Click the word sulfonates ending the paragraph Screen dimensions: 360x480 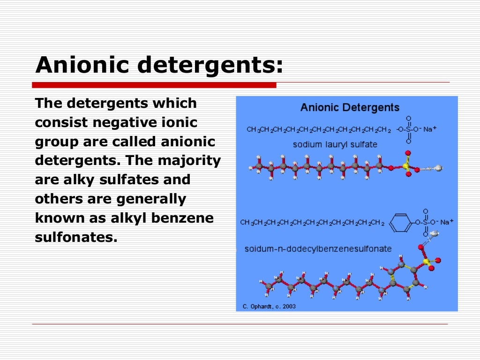tap(75, 237)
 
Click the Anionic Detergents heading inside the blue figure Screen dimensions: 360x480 tap(350, 107)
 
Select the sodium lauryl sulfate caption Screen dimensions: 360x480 tap(335, 144)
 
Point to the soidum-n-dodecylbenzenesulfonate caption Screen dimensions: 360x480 tap(318, 249)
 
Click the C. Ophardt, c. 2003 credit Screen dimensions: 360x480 tap(269, 307)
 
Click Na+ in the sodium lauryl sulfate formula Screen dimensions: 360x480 tap(430, 129)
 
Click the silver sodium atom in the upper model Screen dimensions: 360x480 tap(438, 167)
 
